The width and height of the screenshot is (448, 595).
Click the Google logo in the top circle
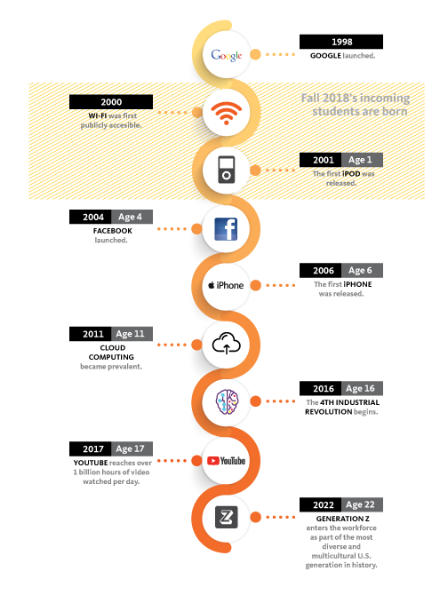coord(227,55)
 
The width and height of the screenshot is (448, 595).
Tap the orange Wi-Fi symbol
coord(227,113)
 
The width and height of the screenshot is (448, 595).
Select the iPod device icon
coord(227,170)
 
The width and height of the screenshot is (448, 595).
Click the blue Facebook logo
coord(226,229)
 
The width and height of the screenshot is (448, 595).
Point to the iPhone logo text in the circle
coord(226,285)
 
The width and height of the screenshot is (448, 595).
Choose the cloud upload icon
coord(227,343)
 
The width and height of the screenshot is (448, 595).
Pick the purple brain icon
coord(227,402)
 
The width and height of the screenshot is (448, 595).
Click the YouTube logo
coord(227,461)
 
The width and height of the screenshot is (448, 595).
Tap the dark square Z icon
coord(227,517)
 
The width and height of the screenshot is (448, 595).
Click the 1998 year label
coord(341,42)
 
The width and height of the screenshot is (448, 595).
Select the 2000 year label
coord(111,102)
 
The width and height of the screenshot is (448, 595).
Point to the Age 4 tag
coord(132,217)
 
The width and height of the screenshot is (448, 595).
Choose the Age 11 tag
coord(132,334)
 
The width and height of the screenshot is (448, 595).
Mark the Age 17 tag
coord(132,448)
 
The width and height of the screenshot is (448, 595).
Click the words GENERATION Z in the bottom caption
coord(342,519)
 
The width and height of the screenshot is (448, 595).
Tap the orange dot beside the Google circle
coord(255,55)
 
